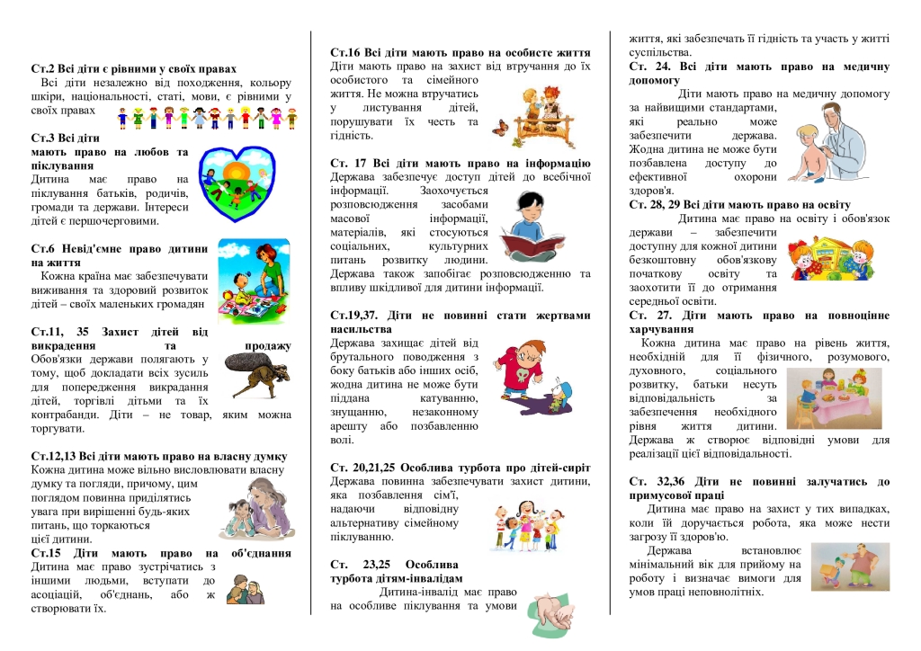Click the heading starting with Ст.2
click(134, 68)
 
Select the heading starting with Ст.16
click(460, 53)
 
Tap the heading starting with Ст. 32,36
click(759, 481)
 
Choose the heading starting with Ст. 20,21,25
click(460, 468)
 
